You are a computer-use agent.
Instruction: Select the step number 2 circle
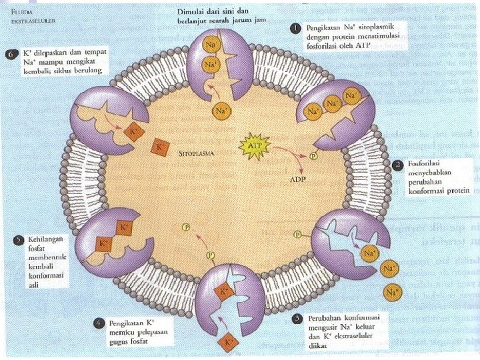397,163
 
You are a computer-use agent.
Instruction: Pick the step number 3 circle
297,318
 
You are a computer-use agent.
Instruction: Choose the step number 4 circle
98,323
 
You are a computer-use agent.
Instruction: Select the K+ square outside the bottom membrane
229,343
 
